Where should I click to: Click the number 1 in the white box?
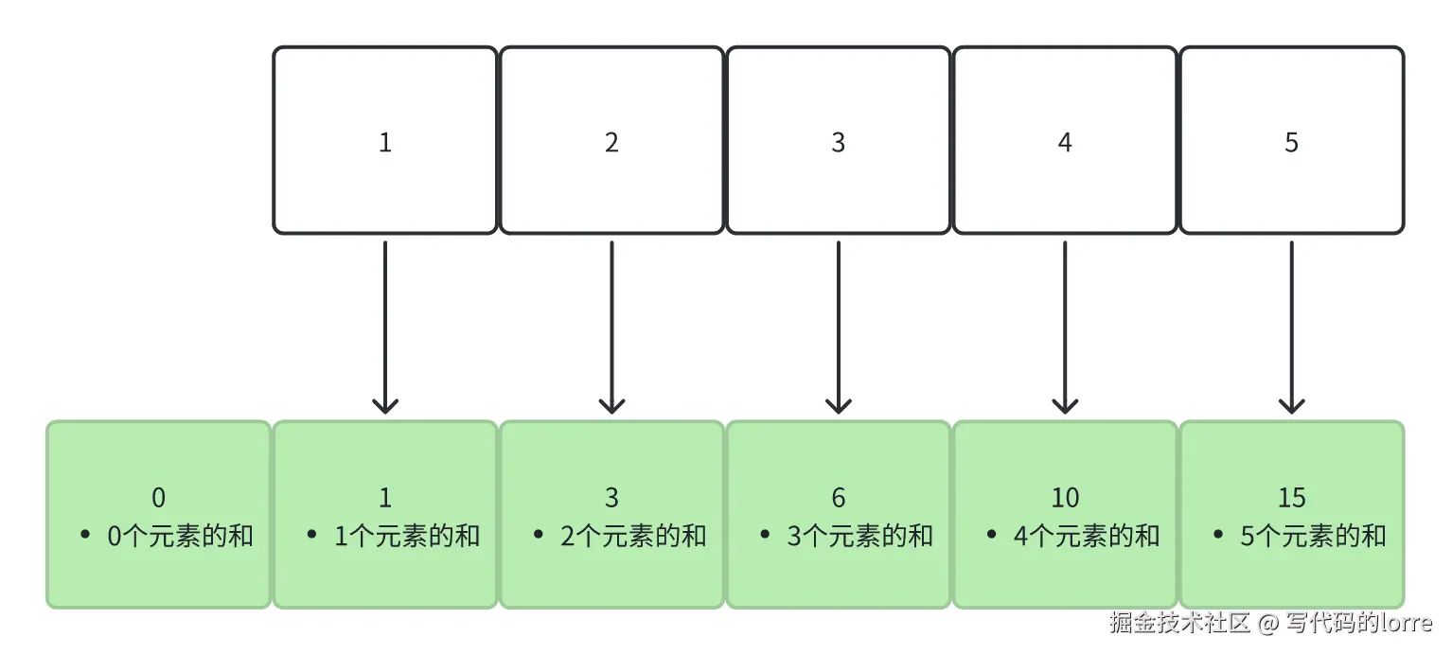coord(384,143)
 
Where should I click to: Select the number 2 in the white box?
coord(611,143)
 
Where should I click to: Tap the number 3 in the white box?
coord(838,143)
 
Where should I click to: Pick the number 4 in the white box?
coord(1065,143)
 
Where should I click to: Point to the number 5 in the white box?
coord(1291,143)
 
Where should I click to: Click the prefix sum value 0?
coord(158,498)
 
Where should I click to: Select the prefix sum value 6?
coord(838,498)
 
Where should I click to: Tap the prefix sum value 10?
coord(1065,498)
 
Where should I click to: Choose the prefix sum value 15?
coord(1291,498)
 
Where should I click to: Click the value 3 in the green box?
coord(611,498)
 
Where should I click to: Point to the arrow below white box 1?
coord(384,327)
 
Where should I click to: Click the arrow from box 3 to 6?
coord(838,327)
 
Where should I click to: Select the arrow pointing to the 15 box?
coord(1291,327)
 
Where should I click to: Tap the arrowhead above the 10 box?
coord(1065,405)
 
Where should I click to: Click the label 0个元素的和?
coord(180,536)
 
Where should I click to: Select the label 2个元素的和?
coord(633,536)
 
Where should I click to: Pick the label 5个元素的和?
coord(1313,536)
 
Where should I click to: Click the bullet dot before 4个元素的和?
coord(992,536)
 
